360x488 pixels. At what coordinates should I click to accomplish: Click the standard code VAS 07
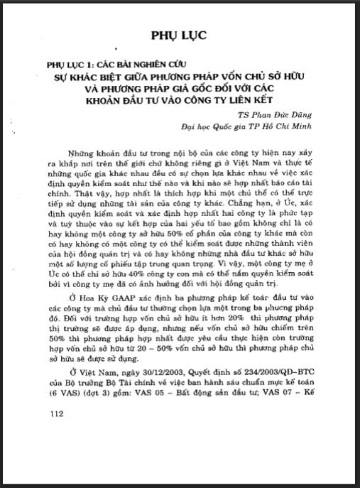[283, 397]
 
